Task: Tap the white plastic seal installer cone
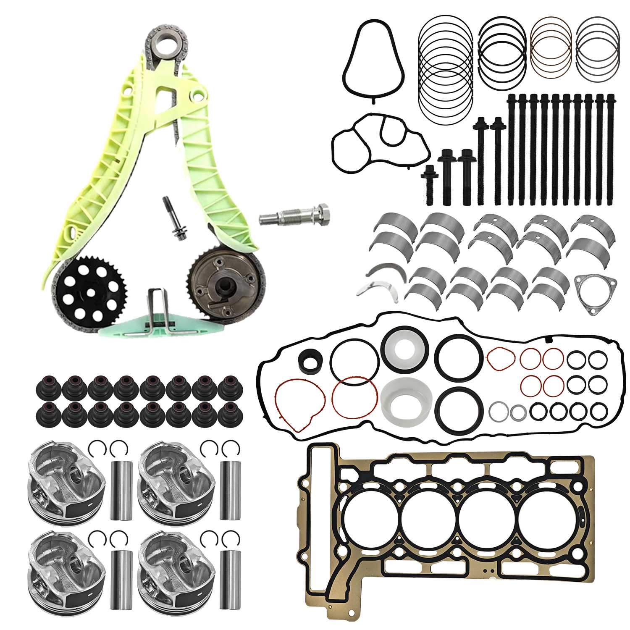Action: click(x=407, y=401)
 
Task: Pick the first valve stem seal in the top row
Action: click(x=49, y=386)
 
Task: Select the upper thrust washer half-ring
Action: click(x=386, y=270)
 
